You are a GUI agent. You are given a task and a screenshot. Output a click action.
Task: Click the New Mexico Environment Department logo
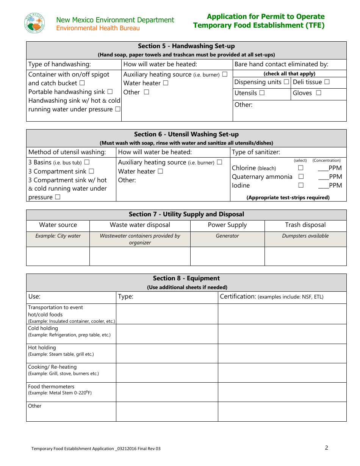click(34, 23)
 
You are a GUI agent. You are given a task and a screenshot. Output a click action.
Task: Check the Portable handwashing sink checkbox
click(110, 92)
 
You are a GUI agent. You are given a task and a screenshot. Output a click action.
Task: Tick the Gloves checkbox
click(318, 93)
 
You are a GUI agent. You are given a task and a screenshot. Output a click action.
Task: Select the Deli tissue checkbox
click(327, 82)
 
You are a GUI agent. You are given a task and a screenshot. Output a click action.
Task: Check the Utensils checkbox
click(262, 93)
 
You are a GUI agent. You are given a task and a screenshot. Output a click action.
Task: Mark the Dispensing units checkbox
click(286, 82)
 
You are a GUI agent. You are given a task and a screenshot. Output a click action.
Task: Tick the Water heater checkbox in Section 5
click(166, 83)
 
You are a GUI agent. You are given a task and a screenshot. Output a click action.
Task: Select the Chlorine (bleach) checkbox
click(301, 168)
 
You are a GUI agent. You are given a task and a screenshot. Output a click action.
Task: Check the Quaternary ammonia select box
click(301, 177)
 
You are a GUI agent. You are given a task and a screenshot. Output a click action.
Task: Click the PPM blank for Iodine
click(323, 185)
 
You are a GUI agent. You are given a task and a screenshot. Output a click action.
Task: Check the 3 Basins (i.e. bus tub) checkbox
click(87, 162)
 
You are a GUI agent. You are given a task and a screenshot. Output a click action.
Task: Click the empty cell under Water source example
click(58, 256)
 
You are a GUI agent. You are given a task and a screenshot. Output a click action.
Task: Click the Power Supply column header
click(227, 225)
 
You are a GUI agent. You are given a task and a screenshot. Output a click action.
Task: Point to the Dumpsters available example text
click(305, 236)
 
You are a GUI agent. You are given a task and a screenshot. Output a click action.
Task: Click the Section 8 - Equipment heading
click(186, 278)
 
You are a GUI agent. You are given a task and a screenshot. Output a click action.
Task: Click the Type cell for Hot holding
click(167, 353)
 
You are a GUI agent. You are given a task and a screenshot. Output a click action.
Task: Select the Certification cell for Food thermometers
click(282, 392)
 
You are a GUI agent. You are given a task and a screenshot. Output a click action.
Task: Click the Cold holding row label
click(43, 328)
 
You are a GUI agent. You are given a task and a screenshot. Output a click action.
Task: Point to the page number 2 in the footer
click(326, 448)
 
